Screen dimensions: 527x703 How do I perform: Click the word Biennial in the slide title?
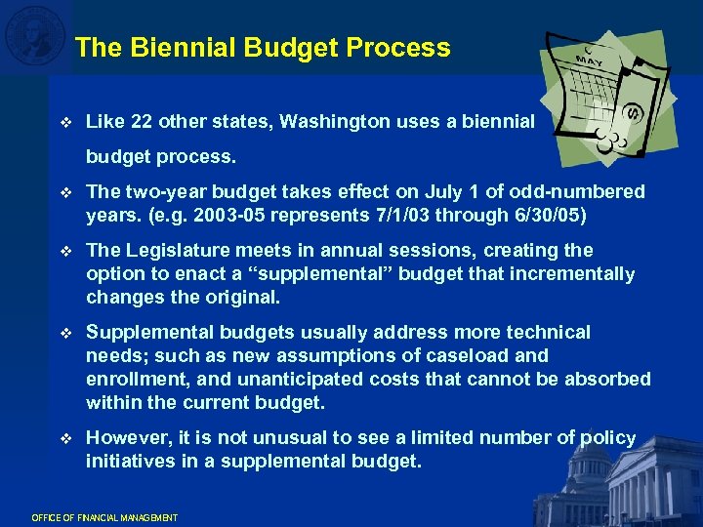167,48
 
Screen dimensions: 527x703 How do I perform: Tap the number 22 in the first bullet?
141,122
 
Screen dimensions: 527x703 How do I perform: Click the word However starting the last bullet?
128,438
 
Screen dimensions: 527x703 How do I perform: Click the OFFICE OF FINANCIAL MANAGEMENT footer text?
104,516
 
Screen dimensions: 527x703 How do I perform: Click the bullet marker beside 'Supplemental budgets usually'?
65,333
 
